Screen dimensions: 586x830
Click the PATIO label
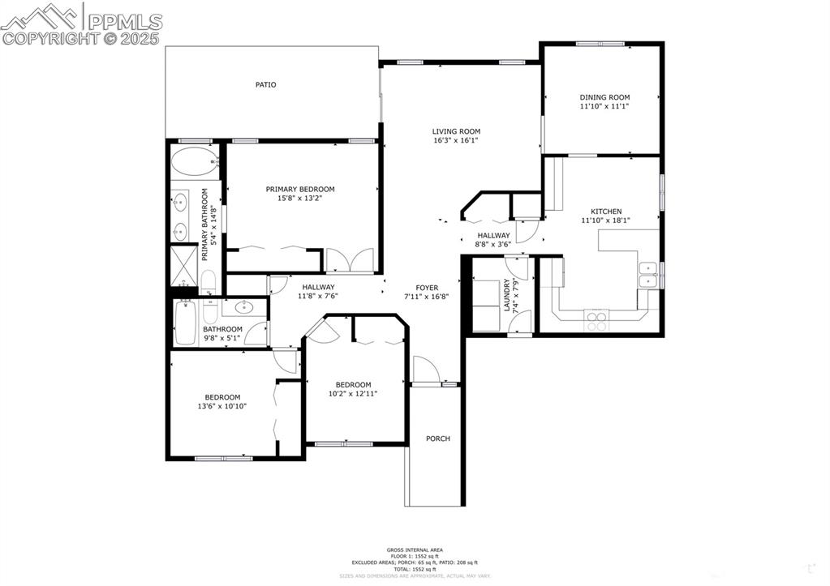pos(265,84)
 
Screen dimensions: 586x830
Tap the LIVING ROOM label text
pos(455,131)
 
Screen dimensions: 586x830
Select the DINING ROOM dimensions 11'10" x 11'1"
pos(604,106)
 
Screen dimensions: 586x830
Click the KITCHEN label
pos(605,212)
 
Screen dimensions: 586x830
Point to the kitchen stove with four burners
pos(596,322)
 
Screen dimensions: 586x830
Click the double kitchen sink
pos(647,275)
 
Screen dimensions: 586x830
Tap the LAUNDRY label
pos(507,295)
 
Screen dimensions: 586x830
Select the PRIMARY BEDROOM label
pos(299,190)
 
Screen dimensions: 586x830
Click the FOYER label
pos(427,288)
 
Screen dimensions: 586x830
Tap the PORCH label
pos(437,438)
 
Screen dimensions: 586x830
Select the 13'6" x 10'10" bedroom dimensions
pos(221,406)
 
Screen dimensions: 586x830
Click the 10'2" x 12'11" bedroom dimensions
pos(353,394)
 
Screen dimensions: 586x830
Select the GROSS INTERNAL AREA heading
pos(415,550)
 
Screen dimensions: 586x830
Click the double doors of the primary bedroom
pos(349,262)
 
